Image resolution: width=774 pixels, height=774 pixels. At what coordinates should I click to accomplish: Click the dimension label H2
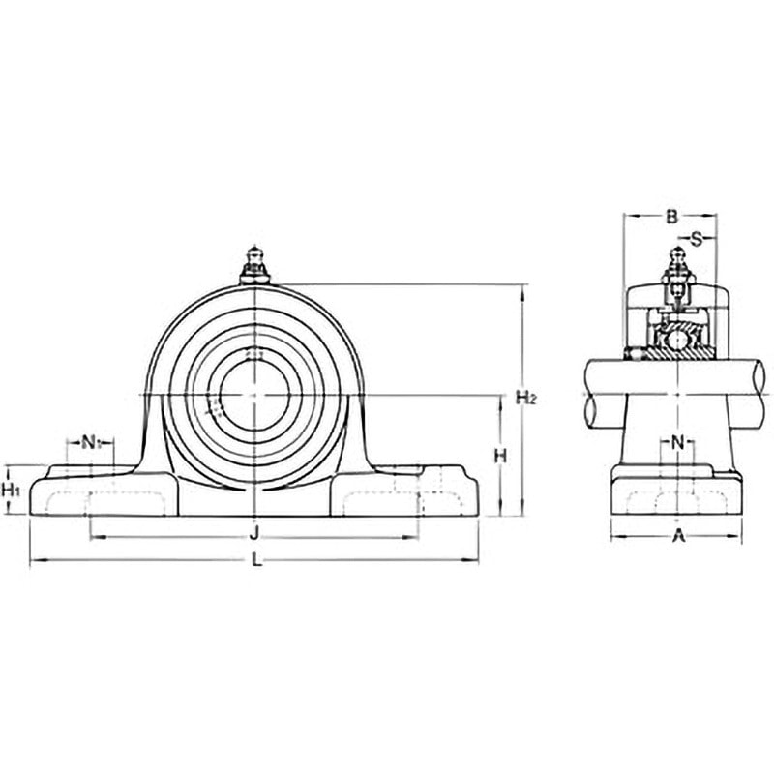coord(525,397)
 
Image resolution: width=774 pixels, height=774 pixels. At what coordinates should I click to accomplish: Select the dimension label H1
coord(11,491)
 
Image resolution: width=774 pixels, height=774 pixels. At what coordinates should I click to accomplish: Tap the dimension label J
coord(253,533)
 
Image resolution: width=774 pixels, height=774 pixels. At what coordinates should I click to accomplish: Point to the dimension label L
coord(256,560)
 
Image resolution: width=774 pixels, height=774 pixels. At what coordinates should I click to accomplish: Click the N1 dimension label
coord(90,442)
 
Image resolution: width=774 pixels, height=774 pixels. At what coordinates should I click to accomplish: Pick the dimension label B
coord(671,216)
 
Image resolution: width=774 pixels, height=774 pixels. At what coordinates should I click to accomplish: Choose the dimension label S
coord(696,239)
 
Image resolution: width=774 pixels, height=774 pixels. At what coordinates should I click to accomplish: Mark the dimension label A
coord(680,536)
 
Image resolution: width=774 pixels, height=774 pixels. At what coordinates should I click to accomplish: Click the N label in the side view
coord(678,443)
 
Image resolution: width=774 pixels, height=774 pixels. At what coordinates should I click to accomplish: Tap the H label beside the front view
coord(500,456)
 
